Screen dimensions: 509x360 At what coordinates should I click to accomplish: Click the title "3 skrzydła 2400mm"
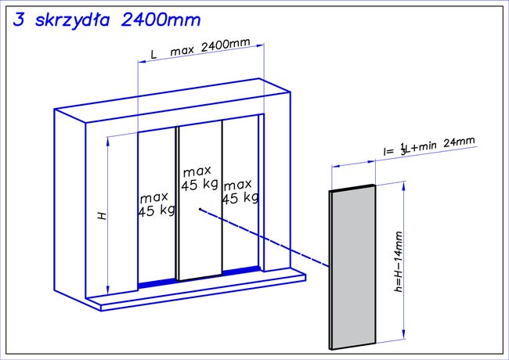click(x=106, y=20)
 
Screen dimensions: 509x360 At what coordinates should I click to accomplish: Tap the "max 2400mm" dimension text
click(x=211, y=47)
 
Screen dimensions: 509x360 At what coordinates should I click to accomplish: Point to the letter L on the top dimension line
click(x=153, y=55)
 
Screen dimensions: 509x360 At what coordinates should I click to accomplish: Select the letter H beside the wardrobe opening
click(x=103, y=216)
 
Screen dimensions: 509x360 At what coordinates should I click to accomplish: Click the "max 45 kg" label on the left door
click(x=157, y=204)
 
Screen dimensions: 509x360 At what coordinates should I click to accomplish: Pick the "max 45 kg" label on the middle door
click(x=200, y=179)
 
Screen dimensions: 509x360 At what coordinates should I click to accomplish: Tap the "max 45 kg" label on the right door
click(x=240, y=193)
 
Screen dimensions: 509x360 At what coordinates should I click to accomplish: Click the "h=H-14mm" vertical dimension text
click(x=399, y=261)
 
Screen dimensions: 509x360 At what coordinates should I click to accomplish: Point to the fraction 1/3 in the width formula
click(x=403, y=149)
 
